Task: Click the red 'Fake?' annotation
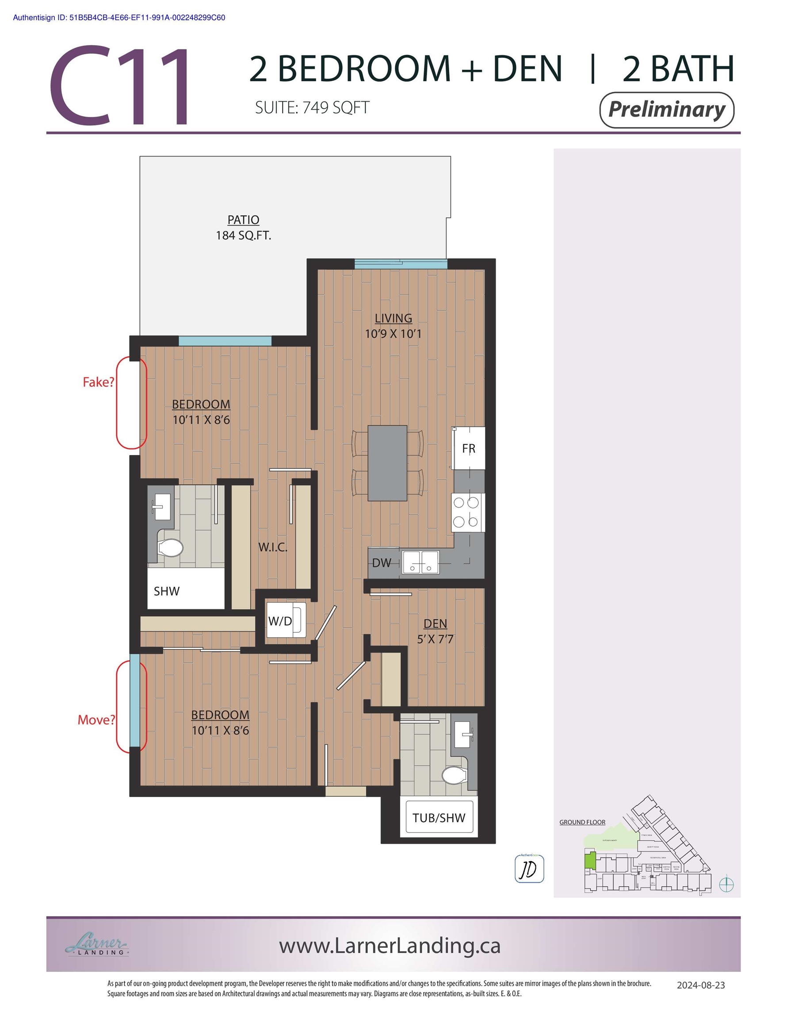pos(98,382)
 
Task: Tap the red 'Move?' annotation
pos(96,720)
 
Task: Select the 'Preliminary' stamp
pos(666,110)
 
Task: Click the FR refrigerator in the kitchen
pos(468,448)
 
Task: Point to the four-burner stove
pos(467,512)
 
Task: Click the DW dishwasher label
pos(382,562)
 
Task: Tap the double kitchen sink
pos(420,562)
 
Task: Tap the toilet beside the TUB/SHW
pos(454,775)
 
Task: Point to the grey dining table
pos(387,463)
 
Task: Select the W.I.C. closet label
pos(272,547)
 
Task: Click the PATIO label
pos(243,220)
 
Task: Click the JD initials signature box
pos(529,868)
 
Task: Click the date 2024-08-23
pos(700,985)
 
